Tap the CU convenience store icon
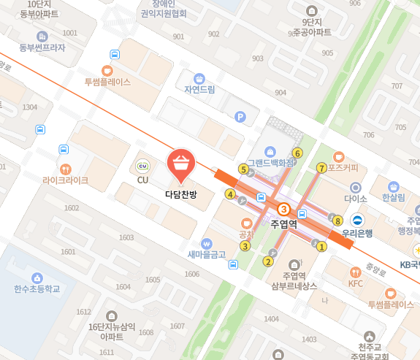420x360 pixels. pyautogui.click(x=142, y=166)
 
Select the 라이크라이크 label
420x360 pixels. pyautogui.click(x=65, y=180)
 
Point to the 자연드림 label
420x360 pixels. pyautogui.click(x=199, y=90)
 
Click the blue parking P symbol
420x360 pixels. pyautogui.click(x=240, y=117)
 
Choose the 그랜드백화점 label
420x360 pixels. pyautogui.click(x=270, y=163)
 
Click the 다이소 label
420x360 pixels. pyautogui.click(x=355, y=198)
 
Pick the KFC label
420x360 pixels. pyautogui.click(x=355, y=283)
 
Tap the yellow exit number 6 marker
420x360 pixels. pyautogui.click(x=297, y=153)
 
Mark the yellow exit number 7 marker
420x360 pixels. pyautogui.click(x=321, y=168)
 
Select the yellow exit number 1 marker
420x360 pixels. pyautogui.click(x=321, y=246)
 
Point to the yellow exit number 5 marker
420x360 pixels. pyautogui.click(x=243, y=169)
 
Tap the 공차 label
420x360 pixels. pyautogui.click(x=246, y=234)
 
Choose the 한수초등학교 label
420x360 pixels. pyautogui.click(x=36, y=288)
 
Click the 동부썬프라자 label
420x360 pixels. pyautogui.click(x=42, y=47)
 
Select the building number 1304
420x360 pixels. pyautogui.click(x=30, y=107)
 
